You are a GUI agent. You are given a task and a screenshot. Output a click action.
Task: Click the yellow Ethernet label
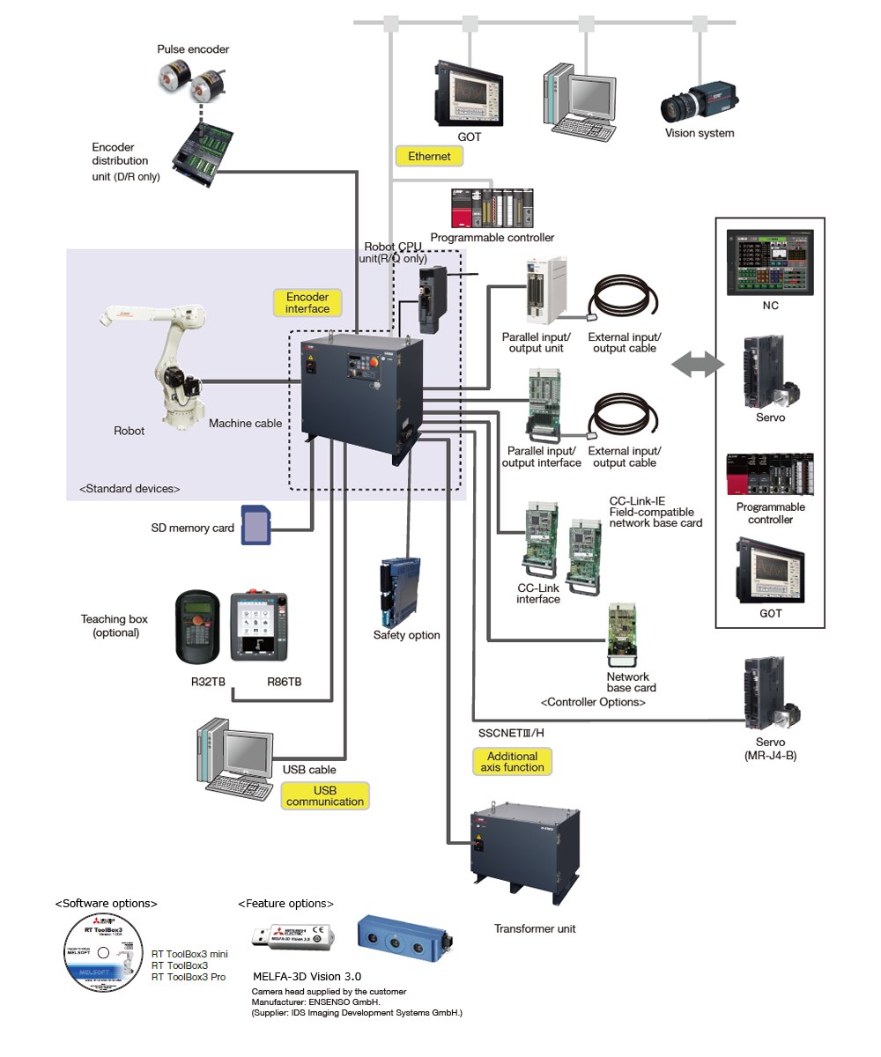(429, 157)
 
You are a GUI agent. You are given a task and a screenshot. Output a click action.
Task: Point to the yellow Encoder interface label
(307, 303)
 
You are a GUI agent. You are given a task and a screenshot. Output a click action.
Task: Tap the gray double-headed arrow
(696, 366)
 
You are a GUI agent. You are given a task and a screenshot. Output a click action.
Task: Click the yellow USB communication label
(324, 795)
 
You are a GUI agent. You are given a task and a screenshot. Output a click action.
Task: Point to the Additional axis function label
(511, 762)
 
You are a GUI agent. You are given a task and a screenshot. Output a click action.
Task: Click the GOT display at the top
(469, 92)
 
